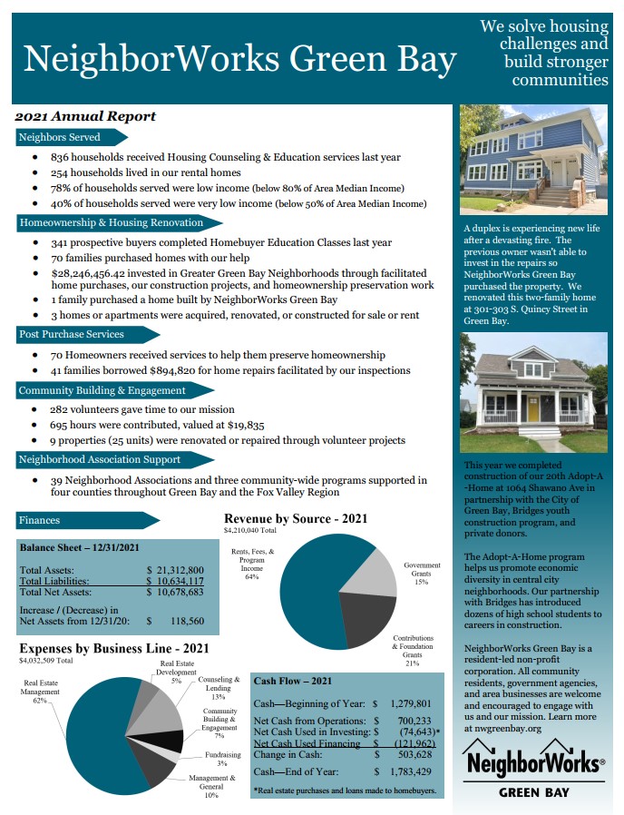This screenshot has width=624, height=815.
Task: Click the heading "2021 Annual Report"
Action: (x=85, y=116)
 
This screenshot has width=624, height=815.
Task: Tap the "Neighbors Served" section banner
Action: (x=60, y=137)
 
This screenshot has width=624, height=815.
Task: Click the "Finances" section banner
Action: (x=40, y=520)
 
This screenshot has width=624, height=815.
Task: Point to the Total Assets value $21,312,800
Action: (x=178, y=569)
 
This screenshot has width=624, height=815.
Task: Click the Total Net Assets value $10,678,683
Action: (x=178, y=592)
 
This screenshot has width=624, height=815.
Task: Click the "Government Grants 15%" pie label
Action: (x=422, y=573)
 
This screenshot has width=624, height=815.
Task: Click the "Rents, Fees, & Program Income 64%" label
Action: (x=247, y=564)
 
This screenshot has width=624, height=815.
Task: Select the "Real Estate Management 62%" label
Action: (x=42, y=691)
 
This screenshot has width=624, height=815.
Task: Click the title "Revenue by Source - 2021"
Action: (x=296, y=518)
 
